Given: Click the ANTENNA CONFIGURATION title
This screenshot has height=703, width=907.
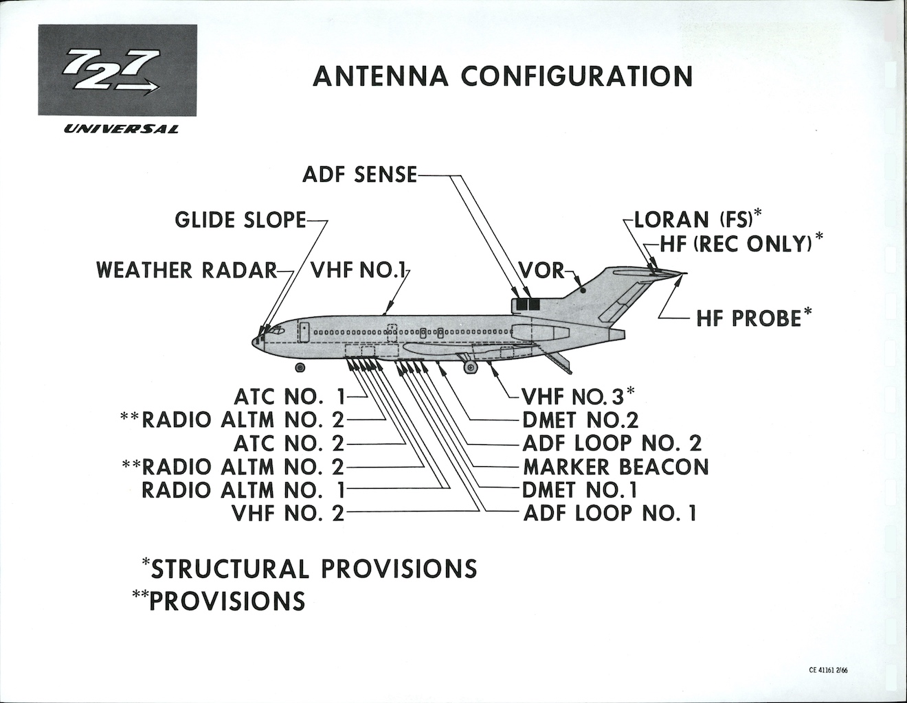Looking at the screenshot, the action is [502, 76].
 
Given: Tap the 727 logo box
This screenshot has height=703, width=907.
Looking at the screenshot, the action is [117, 71].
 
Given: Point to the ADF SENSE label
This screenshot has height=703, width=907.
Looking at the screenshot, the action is [359, 175].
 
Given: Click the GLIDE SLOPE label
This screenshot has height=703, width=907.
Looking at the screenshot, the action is [240, 220].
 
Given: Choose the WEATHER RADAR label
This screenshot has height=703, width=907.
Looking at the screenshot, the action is [187, 270].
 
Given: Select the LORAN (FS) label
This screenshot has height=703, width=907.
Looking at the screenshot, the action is [694, 220].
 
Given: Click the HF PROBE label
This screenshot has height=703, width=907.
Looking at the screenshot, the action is [749, 319].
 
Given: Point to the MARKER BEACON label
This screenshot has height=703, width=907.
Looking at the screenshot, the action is [616, 467].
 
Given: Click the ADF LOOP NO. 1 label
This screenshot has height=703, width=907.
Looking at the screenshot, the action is [610, 512].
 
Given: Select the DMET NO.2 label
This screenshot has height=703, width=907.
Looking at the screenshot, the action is [581, 419].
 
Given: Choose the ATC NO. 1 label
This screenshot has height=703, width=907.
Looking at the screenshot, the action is [289, 397].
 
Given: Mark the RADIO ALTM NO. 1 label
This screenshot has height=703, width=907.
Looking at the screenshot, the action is [243, 489].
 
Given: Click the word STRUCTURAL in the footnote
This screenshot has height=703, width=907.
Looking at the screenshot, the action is [229, 568].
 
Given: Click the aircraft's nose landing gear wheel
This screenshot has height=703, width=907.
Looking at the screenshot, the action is [300, 368].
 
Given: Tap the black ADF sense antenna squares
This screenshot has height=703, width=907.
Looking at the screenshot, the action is [526, 303].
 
